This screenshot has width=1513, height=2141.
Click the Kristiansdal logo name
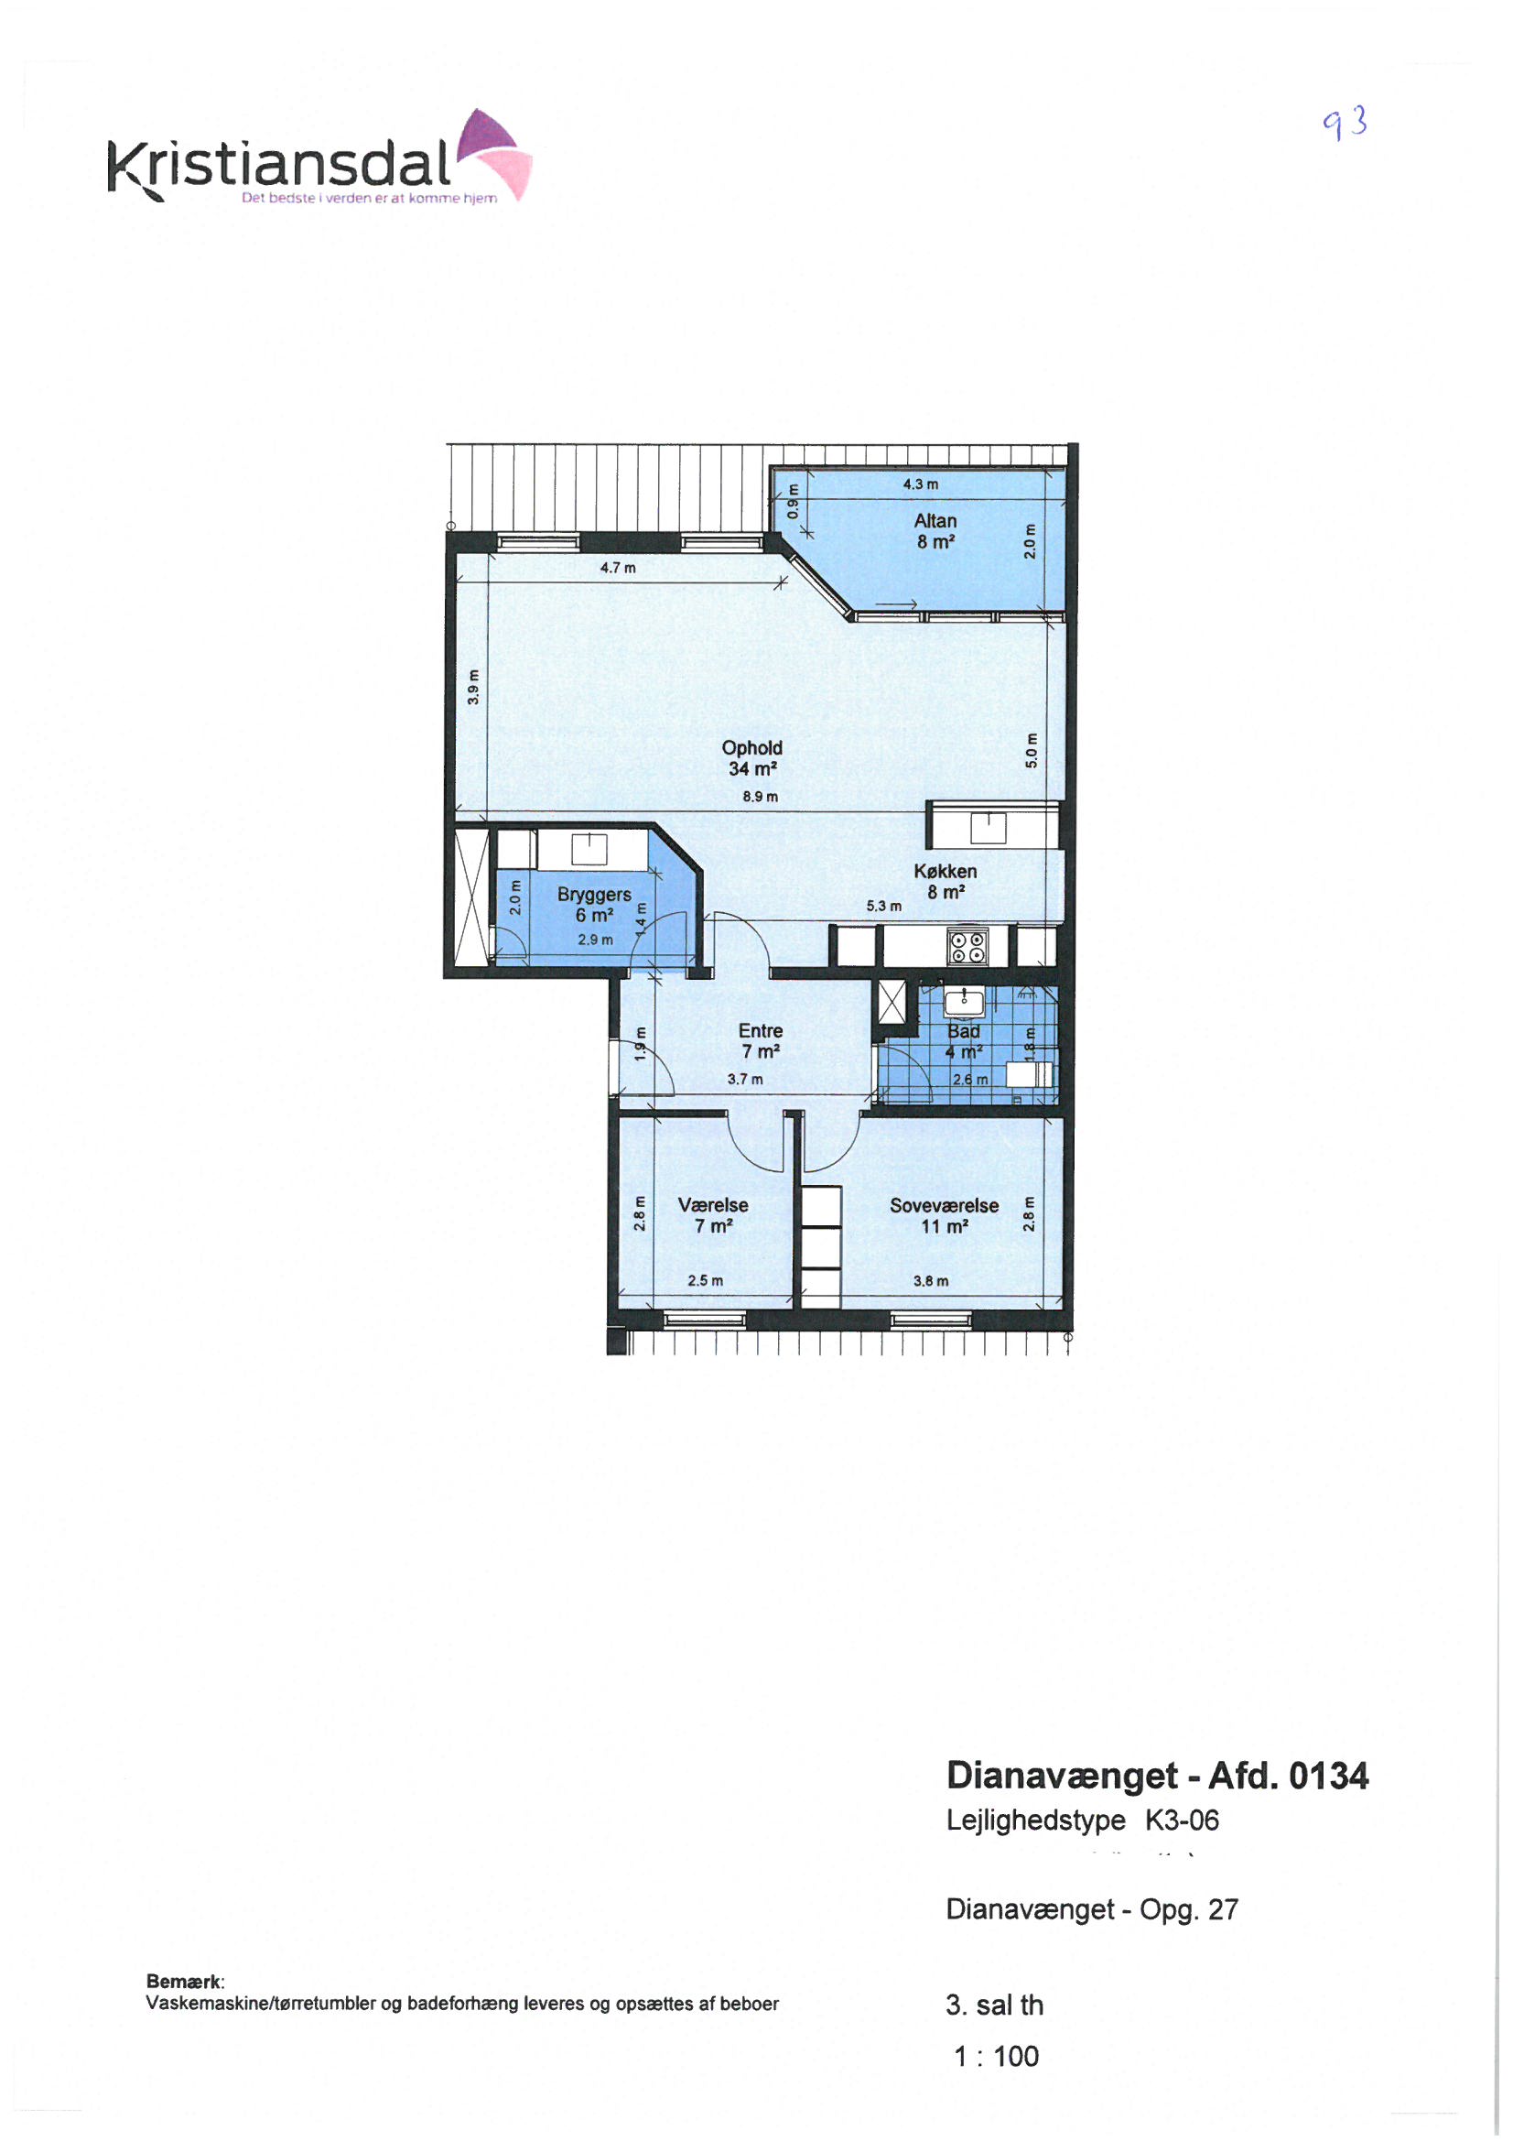280,164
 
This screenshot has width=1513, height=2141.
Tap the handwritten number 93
1346,122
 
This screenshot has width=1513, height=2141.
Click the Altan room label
935,531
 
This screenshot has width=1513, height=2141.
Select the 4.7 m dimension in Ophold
617,568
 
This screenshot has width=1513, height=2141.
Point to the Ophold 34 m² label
752,758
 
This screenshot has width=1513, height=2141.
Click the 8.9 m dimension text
760,797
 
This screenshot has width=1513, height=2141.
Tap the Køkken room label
946,881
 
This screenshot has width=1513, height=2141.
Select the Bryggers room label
594,905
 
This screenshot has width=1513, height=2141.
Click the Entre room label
761,1040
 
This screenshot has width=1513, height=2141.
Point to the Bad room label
964,1041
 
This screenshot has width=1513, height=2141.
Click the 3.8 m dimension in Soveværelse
931,1281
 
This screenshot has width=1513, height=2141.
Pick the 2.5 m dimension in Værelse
705,1280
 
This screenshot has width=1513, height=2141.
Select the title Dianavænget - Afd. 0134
1158,1776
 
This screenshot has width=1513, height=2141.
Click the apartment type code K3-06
1182,1820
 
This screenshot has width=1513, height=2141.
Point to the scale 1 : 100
997,2055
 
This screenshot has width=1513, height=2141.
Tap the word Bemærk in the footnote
185,1981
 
